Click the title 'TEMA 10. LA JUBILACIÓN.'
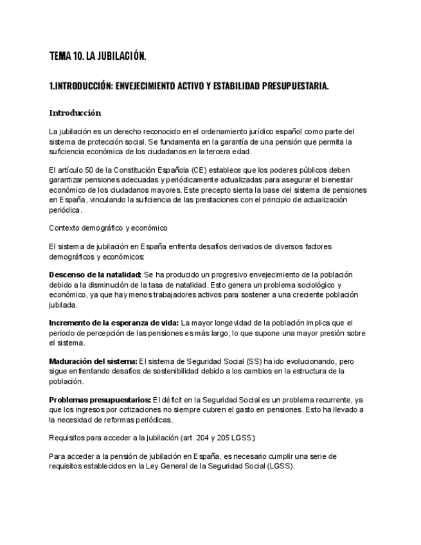[98, 57]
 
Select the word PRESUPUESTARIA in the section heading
[295, 86]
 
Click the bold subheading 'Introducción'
[75, 112]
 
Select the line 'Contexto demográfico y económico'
[108, 227]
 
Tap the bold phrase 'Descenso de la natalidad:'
[95, 275]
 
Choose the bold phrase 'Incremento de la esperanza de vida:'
[114, 323]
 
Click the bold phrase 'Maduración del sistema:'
[93, 361]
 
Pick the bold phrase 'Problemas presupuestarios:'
[100, 400]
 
